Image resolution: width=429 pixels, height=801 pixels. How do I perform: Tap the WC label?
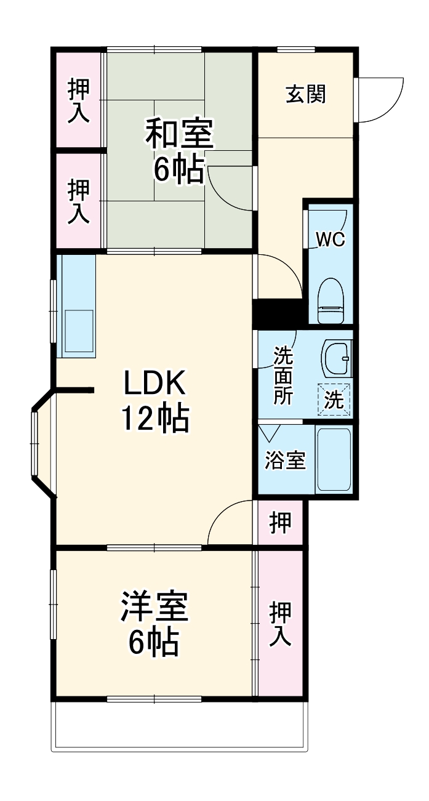click(x=331, y=239)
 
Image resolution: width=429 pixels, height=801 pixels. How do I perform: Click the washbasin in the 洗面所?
click(x=336, y=358)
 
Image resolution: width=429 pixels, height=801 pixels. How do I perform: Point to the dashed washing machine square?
click(x=334, y=399)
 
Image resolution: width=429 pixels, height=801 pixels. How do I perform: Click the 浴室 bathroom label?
click(x=285, y=461)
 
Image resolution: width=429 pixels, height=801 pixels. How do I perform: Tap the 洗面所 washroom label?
click(x=283, y=375)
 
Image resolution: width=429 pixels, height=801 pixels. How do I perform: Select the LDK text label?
click(x=154, y=385)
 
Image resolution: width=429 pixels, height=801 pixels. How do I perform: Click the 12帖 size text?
click(x=154, y=419)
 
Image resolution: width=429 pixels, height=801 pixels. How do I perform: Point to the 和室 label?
click(x=179, y=134)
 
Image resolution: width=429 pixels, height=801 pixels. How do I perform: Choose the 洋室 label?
click(x=154, y=606)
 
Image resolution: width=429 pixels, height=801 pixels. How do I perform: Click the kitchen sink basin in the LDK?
click(x=79, y=331)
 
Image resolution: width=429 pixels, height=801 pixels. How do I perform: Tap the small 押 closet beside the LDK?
click(x=281, y=523)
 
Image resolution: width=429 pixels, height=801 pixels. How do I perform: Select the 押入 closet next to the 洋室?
click(x=281, y=623)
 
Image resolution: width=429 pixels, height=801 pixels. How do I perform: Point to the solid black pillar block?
click(x=278, y=313)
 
